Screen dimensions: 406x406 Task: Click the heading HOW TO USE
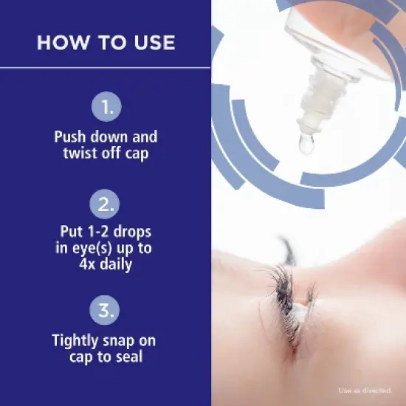[106, 42]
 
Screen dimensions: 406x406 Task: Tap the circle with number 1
[106, 107]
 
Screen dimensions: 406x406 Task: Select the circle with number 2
[106, 204]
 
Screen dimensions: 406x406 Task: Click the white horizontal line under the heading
[106, 68]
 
